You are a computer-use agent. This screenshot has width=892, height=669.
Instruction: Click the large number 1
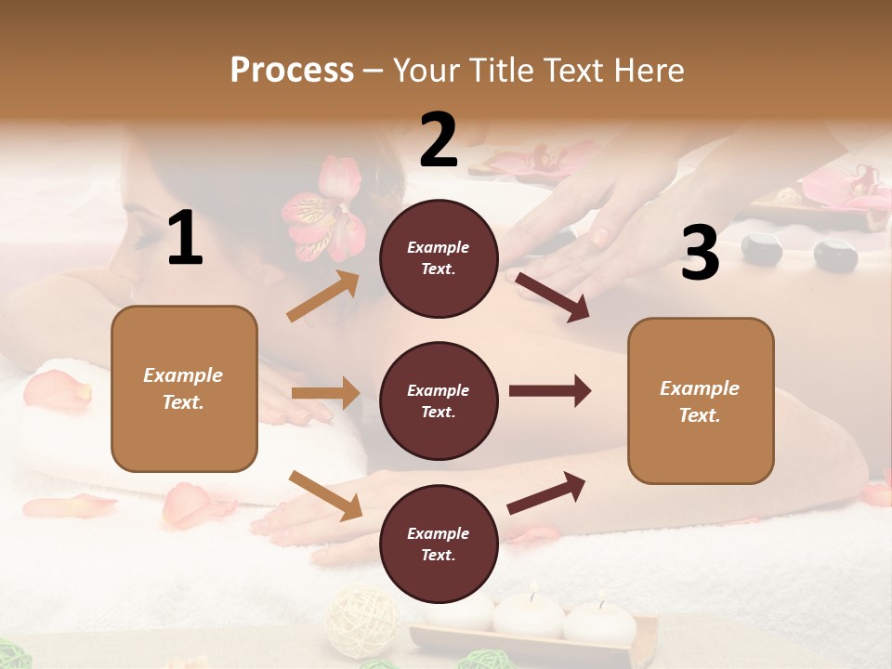[x=185, y=239]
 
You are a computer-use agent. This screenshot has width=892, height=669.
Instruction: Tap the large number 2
[x=439, y=139]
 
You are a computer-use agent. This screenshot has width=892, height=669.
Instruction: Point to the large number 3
[x=700, y=254]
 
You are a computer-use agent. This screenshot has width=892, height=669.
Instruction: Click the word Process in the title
[x=292, y=70]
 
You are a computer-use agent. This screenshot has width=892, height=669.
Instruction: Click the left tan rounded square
[x=184, y=388]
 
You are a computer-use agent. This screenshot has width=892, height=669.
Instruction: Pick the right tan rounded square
[x=701, y=400]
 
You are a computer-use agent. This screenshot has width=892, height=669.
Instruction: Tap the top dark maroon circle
[x=439, y=258]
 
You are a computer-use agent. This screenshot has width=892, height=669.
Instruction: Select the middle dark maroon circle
[x=439, y=400]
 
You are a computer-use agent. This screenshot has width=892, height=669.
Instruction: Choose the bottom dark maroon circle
[x=439, y=544]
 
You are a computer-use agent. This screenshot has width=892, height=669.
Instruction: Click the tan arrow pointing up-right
[x=323, y=295]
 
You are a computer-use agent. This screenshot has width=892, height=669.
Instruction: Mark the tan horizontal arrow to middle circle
[x=325, y=393]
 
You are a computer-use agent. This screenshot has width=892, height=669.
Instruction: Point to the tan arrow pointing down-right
[x=325, y=495]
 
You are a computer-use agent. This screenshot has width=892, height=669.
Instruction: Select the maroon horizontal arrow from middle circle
[x=549, y=391]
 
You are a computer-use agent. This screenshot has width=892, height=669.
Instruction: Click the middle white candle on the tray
[x=528, y=615]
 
